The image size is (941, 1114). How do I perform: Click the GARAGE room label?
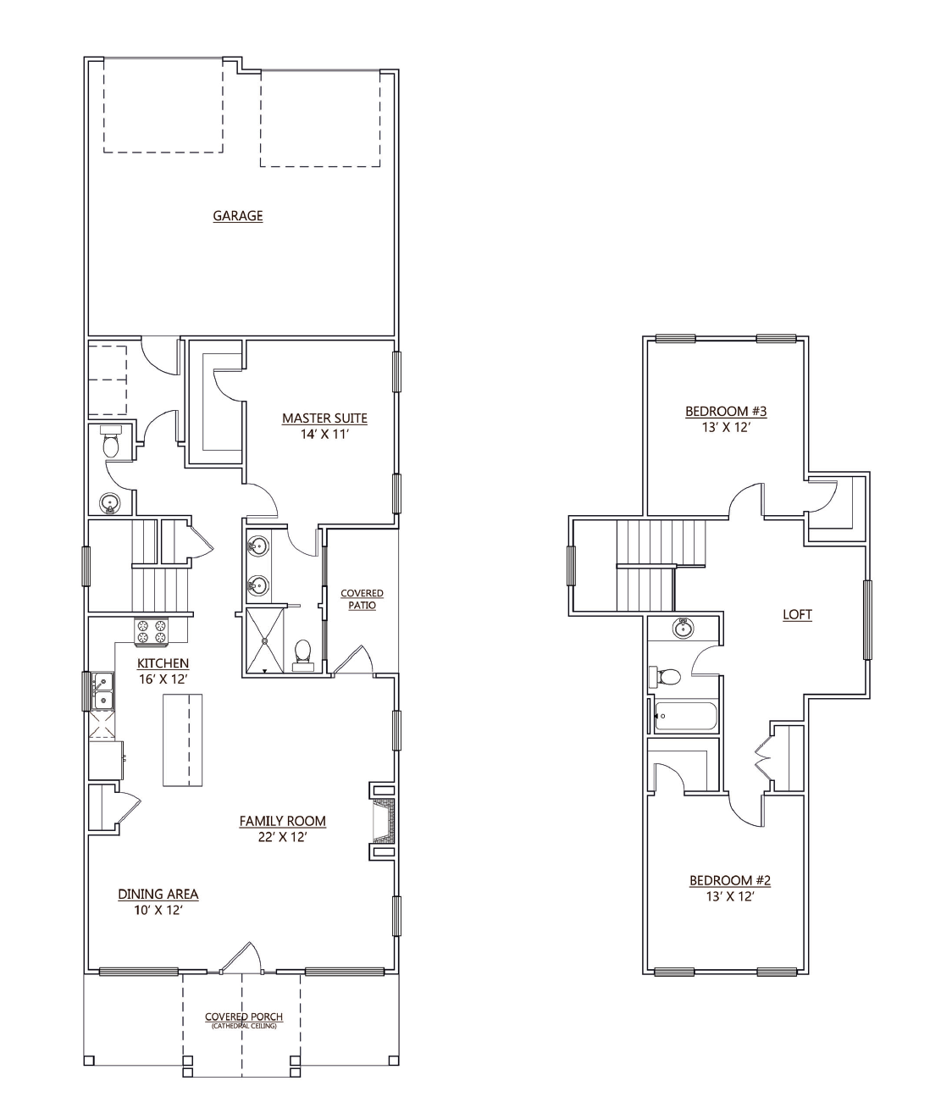[x=238, y=215]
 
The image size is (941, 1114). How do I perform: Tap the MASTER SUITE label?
[x=324, y=418]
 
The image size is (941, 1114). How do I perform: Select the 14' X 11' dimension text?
[x=324, y=435]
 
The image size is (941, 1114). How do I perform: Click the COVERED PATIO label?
[x=363, y=599]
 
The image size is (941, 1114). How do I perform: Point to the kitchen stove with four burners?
[x=152, y=631]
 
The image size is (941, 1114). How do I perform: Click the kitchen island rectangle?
[x=182, y=740]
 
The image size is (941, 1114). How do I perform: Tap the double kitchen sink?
[x=102, y=691]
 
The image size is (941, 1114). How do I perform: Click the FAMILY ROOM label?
[x=282, y=821]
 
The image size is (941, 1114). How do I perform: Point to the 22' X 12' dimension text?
[x=282, y=837]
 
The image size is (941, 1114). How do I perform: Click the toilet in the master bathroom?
[x=303, y=655]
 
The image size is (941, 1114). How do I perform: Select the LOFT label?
[x=798, y=615]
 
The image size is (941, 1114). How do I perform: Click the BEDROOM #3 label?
[x=726, y=412]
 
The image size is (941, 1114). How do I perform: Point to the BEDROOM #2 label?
[x=730, y=880]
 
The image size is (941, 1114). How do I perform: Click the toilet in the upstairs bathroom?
[x=665, y=677]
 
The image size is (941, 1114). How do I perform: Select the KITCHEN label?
[x=163, y=663]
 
